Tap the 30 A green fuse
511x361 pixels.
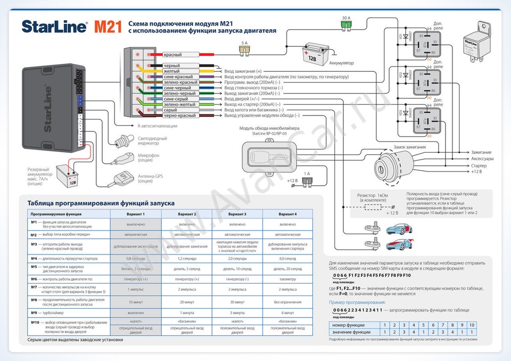347,24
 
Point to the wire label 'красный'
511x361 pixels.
172,55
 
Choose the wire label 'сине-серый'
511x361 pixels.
176,99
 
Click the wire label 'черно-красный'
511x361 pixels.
179,116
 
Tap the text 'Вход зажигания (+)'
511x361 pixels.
243,71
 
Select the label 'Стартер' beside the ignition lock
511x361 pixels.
479,166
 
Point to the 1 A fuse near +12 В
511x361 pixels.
307,181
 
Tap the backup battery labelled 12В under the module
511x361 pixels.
69,175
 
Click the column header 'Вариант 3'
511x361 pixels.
237,214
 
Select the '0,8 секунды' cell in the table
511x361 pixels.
136,258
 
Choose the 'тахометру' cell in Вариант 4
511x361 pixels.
287,278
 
